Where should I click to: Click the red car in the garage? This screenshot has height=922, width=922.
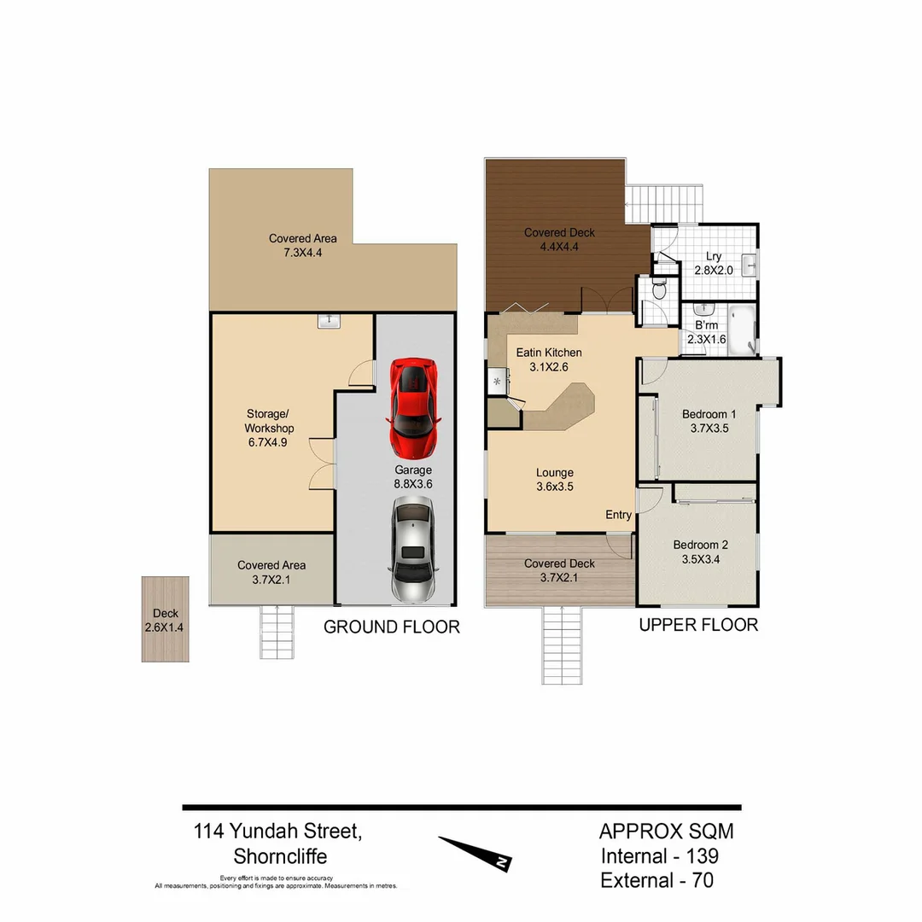coord(414,407)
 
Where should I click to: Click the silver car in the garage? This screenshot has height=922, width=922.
coord(412,551)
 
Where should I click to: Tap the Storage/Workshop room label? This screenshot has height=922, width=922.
coord(269,428)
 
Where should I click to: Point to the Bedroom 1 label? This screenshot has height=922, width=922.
coord(709,415)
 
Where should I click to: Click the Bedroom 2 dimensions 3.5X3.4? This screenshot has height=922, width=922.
coord(700,560)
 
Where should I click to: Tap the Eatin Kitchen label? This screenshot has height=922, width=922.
coord(549,353)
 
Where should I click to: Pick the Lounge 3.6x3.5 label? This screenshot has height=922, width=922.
coord(554,480)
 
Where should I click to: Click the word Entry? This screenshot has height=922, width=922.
coord(618,515)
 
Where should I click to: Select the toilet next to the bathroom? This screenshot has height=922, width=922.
coord(658,292)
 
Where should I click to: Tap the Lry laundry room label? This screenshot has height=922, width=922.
coord(714,256)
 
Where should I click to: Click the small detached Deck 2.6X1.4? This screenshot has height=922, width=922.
coord(165,618)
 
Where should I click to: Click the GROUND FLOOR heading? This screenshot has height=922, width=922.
coord(391,627)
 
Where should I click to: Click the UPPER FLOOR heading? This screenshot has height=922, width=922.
coord(698,625)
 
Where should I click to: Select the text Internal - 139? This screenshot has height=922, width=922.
coord(659,855)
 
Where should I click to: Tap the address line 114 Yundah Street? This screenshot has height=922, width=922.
coord(278,831)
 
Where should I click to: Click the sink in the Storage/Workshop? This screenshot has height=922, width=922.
coord(329,320)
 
